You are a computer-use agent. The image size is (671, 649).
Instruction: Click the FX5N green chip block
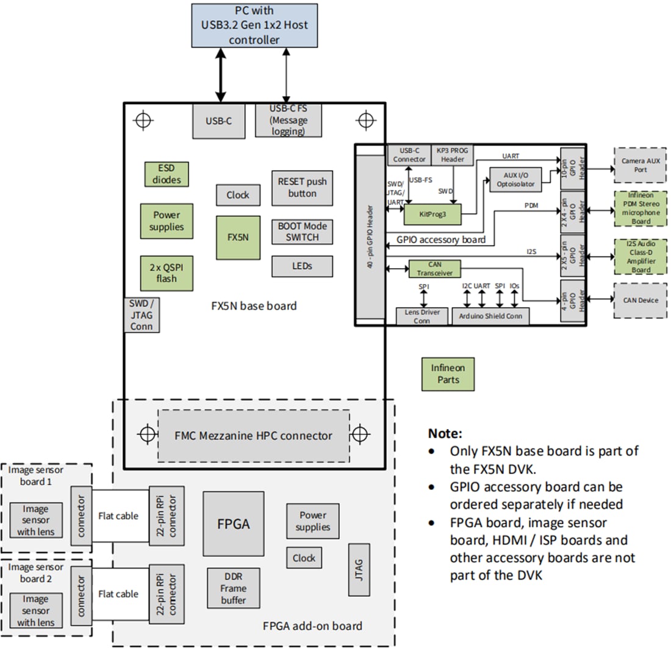pyautogui.click(x=238, y=237)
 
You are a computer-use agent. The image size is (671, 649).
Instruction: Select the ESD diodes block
pyautogui.click(x=166, y=174)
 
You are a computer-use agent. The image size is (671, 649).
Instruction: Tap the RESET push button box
pyautogui.click(x=302, y=188)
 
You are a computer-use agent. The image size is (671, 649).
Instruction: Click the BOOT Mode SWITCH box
pyautogui.click(x=302, y=232)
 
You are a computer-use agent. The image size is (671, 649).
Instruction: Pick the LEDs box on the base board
pyautogui.click(x=302, y=266)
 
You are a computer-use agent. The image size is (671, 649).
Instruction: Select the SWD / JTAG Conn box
pyautogui.click(x=142, y=315)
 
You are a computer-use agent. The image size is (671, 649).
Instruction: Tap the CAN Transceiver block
pyautogui.click(x=434, y=269)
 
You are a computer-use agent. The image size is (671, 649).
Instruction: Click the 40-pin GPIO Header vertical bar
pyautogui.click(x=371, y=236)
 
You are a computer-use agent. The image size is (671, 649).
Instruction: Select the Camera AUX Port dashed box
pyautogui.click(x=640, y=165)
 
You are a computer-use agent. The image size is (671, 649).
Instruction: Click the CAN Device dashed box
pyautogui.click(x=640, y=300)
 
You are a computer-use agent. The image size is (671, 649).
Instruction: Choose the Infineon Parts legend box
pyautogui.click(x=448, y=374)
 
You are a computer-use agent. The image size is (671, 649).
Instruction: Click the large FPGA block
pyautogui.click(x=234, y=523)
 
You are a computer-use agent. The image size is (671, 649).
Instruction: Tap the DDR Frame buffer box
pyautogui.click(x=234, y=589)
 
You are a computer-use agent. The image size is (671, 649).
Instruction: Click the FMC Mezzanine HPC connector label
pyautogui.click(x=254, y=436)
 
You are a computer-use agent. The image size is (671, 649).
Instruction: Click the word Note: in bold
pyautogui.click(x=445, y=434)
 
